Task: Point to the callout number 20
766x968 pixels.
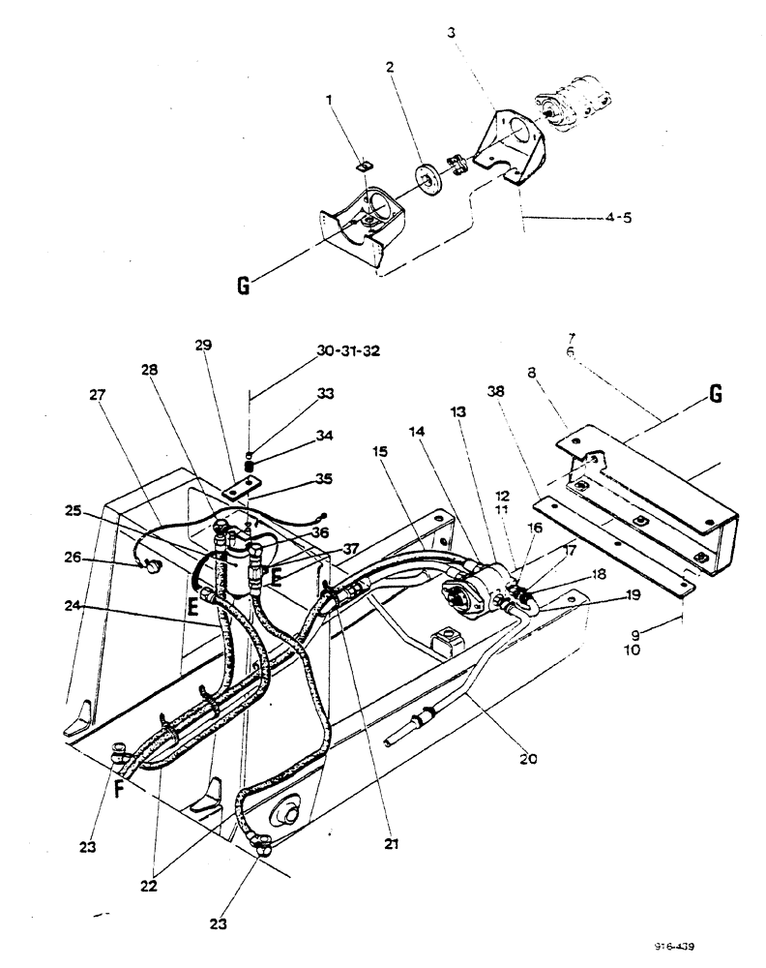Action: [x=526, y=758]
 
